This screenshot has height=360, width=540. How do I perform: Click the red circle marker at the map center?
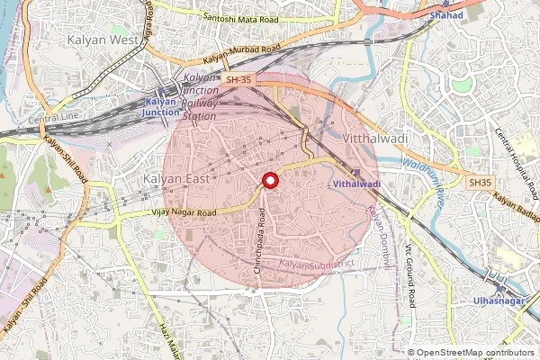(x=270, y=180)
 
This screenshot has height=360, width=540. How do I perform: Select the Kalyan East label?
(x=175, y=180)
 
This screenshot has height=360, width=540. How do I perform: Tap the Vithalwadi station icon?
(x=357, y=173)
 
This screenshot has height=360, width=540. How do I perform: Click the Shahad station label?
(x=447, y=15)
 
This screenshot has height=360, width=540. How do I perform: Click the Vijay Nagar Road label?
(x=182, y=212)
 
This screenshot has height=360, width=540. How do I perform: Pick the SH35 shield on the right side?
(x=481, y=182)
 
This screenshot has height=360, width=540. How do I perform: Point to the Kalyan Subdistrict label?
(x=316, y=264)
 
